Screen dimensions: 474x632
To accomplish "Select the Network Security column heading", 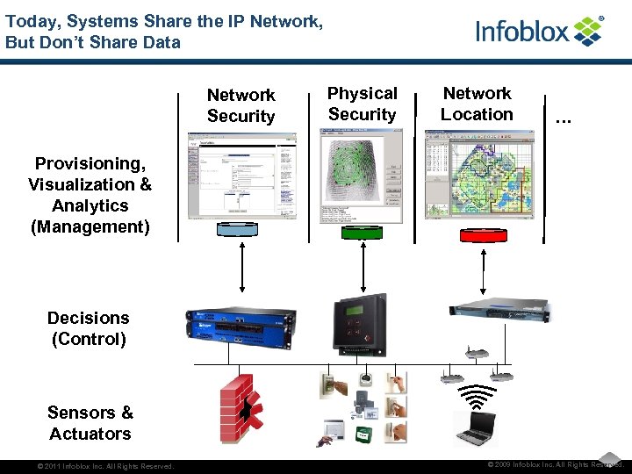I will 241,105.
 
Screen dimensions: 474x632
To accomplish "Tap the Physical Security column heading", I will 362,104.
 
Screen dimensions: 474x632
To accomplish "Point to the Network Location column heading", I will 477,104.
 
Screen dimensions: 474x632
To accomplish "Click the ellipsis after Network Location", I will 563,116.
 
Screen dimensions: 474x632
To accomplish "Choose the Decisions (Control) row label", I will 88,328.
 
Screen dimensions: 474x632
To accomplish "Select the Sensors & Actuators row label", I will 90,423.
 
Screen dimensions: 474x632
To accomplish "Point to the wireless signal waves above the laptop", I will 476,398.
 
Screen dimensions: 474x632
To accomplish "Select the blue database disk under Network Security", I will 241,230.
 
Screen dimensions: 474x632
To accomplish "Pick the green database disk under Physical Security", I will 362,232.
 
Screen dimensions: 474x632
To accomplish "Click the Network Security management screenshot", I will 241,176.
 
